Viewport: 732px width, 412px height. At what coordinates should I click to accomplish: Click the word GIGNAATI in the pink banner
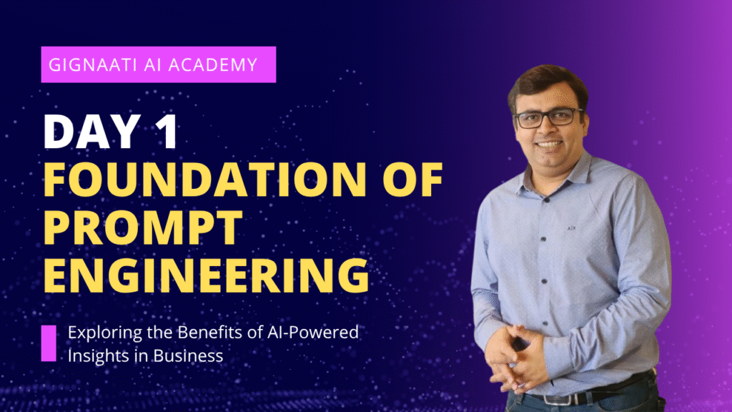[92, 64]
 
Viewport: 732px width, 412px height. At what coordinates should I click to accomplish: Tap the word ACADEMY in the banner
[213, 64]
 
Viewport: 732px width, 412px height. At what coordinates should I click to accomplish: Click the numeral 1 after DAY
[167, 132]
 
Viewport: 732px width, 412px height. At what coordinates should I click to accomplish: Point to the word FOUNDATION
[205, 180]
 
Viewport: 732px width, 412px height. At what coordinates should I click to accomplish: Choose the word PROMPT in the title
[143, 227]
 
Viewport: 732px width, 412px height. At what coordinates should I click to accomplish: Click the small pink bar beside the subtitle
[49, 343]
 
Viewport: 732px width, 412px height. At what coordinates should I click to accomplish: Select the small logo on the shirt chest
[571, 228]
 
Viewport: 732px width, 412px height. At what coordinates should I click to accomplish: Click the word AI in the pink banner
[152, 64]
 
